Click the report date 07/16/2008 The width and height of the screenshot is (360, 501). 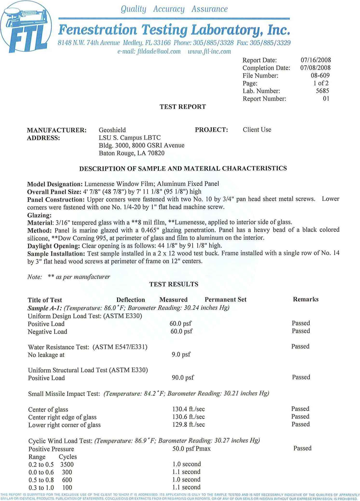click(x=315, y=60)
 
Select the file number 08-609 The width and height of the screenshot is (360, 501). click(x=320, y=75)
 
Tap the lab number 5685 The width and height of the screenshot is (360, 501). click(x=322, y=91)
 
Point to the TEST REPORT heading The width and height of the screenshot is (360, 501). click(x=183, y=106)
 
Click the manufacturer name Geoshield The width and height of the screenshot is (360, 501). click(x=112, y=130)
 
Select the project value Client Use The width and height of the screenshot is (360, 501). click(x=257, y=129)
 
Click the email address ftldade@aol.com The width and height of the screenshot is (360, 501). click(x=149, y=51)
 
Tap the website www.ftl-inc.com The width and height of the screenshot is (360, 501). click(x=209, y=51)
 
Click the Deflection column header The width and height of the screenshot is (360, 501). click(x=130, y=300)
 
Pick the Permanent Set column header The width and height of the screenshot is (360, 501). click(x=225, y=299)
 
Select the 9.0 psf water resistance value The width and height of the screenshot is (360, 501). click(x=181, y=354)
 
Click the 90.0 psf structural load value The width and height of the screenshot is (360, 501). click(x=183, y=377)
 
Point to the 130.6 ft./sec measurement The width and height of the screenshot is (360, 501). click(x=188, y=417)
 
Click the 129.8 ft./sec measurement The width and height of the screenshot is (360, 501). click(x=188, y=424)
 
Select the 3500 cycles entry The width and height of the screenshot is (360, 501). click(x=67, y=464)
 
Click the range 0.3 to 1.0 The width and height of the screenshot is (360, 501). click(x=41, y=487)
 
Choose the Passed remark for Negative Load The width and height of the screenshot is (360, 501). click(x=301, y=331)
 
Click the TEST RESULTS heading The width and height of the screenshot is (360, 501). click(x=174, y=284)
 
